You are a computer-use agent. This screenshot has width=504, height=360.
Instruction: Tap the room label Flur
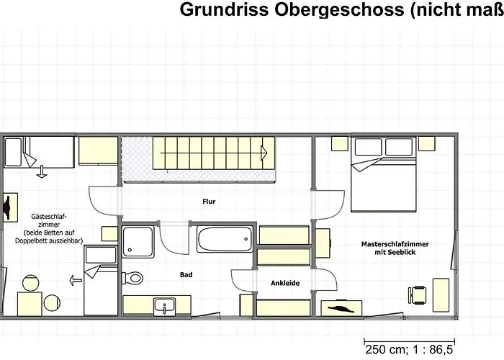[209, 202]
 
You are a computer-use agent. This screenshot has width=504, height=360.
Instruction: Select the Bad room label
[186, 274]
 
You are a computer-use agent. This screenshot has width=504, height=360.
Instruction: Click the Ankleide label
[284, 283]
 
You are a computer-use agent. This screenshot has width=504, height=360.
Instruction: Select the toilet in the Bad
[133, 276]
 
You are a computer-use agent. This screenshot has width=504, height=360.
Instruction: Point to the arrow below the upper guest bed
[42, 172]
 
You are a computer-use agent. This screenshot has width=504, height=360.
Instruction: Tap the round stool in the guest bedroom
[30, 283]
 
